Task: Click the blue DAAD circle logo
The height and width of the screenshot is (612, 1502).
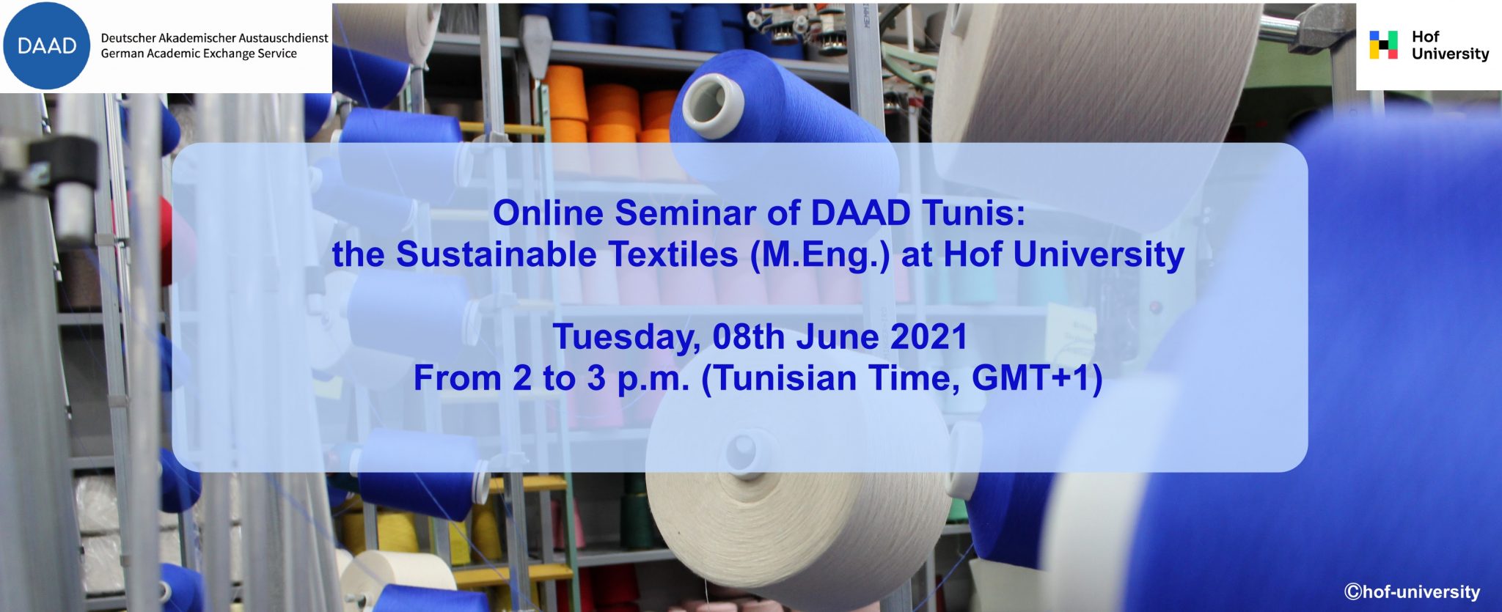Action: point(47,45)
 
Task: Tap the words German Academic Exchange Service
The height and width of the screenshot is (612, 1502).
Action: point(199,54)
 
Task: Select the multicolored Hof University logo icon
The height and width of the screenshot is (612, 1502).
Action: point(1383,45)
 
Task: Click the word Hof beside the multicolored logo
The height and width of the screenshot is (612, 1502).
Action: point(1425,36)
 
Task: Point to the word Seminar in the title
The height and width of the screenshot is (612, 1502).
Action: point(685,213)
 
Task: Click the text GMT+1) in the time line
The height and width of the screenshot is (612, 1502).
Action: point(1037,379)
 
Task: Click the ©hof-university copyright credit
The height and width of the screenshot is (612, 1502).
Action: point(1412,591)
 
